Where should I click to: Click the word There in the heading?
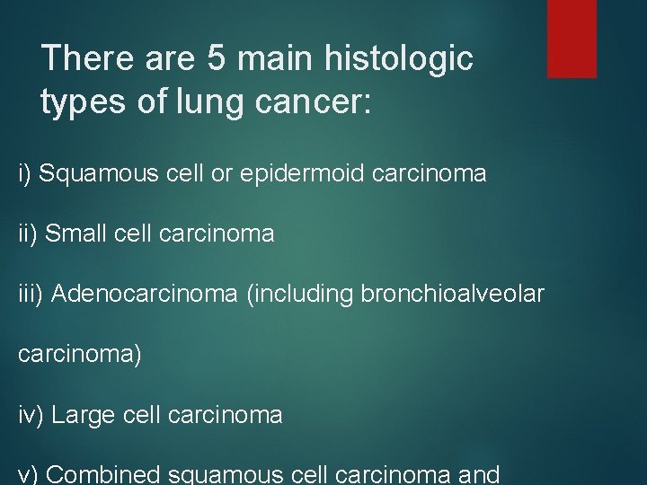pos(84,60)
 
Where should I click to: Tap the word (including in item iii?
pos(290,295)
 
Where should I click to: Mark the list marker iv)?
pos(31,415)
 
